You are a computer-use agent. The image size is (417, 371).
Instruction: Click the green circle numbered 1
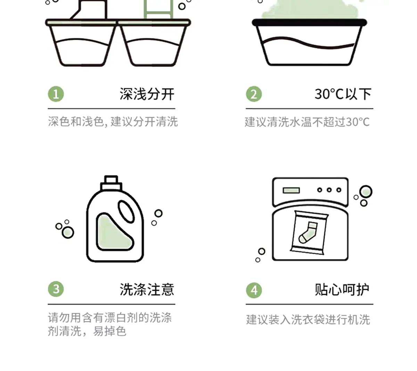point(56,94)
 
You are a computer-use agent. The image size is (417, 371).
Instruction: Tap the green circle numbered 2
point(254,94)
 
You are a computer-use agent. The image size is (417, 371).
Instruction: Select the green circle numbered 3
point(56,289)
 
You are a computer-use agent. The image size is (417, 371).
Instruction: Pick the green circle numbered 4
point(254,290)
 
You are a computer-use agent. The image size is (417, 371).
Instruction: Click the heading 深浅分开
point(147,94)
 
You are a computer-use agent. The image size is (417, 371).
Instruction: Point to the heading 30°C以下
point(343,94)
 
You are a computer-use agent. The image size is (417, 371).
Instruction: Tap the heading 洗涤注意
point(147,289)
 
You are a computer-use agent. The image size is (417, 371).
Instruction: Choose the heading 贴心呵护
point(342,289)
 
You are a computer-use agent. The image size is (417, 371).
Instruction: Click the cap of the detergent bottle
point(111,183)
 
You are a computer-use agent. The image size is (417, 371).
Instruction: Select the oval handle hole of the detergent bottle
point(126,212)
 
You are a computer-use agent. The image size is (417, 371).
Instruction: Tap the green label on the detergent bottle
point(114,232)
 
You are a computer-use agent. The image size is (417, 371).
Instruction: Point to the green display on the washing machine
point(291,190)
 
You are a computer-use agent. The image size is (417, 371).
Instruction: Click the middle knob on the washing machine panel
point(329,190)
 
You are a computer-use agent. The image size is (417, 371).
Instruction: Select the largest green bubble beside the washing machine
point(366,192)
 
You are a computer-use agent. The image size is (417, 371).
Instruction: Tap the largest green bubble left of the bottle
point(68,233)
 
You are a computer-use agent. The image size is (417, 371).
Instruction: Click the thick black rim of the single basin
point(309,23)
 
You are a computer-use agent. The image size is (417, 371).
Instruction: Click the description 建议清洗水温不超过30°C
point(307,122)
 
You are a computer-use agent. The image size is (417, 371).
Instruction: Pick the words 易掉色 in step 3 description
point(109,331)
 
